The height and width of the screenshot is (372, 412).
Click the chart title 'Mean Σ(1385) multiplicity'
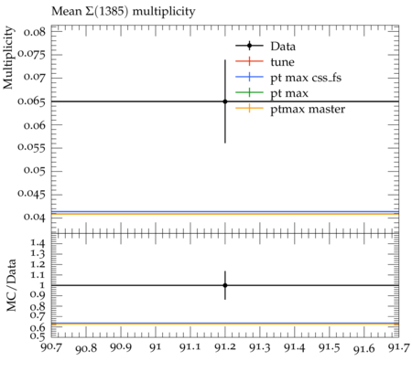[124, 12]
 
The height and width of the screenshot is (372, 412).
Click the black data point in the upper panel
[225, 101]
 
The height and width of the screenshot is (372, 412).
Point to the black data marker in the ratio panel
[225, 285]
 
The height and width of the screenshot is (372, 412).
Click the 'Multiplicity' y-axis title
[8, 58]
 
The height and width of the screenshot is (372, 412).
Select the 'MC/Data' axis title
[11, 285]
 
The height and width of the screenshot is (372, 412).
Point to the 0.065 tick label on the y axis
[31, 101]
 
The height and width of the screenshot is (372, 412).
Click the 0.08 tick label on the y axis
[35, 32]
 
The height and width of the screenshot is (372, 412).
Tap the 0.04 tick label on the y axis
[35, 217]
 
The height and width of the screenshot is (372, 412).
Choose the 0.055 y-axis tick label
[31, 147]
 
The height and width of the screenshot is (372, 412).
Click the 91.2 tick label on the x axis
[225, 347]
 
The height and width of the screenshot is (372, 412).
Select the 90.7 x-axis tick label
[51, 347]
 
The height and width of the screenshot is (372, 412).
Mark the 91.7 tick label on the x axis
[398, 347]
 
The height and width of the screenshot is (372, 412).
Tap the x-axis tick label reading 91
[156, 347]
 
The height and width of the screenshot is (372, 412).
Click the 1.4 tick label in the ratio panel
[38, 243]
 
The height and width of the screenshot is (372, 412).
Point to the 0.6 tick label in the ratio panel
[38, 328]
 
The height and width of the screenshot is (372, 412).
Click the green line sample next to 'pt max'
[249, 92]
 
